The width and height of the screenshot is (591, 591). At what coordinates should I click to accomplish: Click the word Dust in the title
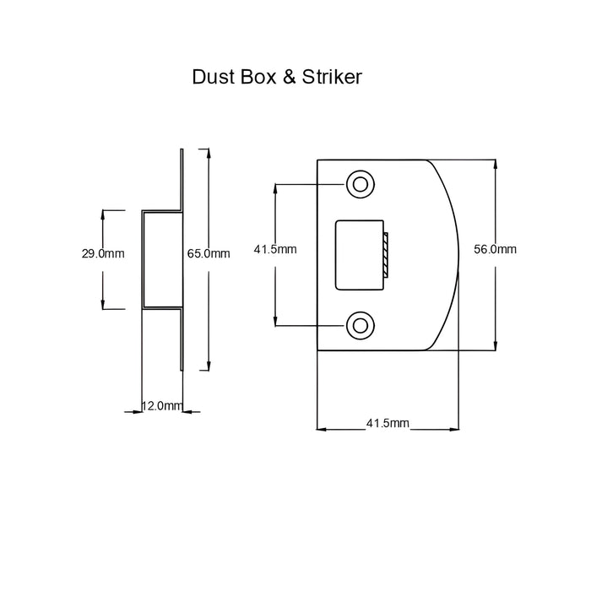214,77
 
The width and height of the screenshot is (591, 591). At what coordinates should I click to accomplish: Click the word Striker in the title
332,77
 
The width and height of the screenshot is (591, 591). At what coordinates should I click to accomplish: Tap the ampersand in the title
289,77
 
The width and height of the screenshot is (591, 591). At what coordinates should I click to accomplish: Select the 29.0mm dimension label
103,253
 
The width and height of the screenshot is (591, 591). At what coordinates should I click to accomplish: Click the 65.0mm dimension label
209,253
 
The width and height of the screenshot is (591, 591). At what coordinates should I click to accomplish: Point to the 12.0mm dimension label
162,406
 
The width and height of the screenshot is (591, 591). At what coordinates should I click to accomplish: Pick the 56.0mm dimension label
495,249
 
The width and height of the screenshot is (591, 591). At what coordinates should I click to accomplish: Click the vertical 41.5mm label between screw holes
275,249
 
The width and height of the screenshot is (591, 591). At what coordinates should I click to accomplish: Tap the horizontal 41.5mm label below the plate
388,423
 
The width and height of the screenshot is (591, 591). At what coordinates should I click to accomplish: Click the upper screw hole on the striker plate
361,184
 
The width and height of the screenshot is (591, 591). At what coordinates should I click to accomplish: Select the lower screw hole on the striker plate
361,325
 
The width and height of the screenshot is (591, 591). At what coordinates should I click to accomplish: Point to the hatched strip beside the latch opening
386,255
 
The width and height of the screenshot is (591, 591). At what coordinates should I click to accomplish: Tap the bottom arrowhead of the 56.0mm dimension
496,346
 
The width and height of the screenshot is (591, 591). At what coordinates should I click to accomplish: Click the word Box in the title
258,77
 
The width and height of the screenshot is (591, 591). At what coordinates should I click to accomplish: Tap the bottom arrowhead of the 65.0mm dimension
209,366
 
